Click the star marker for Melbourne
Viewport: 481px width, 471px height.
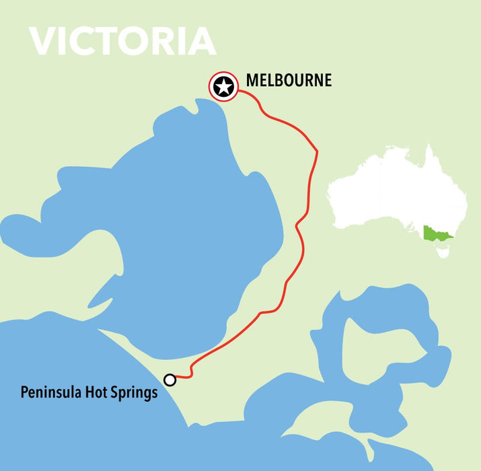click(x=223, y=86)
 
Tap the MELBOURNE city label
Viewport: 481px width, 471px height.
click(x=289, y=81)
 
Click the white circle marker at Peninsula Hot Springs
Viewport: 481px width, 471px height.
click(x=170, y=380)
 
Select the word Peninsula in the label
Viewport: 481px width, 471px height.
click(x=48, y=392)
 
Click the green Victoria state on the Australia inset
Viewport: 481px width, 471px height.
click(x=436, y=235)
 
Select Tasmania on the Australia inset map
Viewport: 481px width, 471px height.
click(x=443, y=253)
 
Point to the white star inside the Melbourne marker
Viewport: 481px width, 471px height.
click(x=223, y=86)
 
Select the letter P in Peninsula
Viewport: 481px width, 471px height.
click(x=24, y=392)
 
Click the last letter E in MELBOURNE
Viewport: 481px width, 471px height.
click(x=328, y=81)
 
